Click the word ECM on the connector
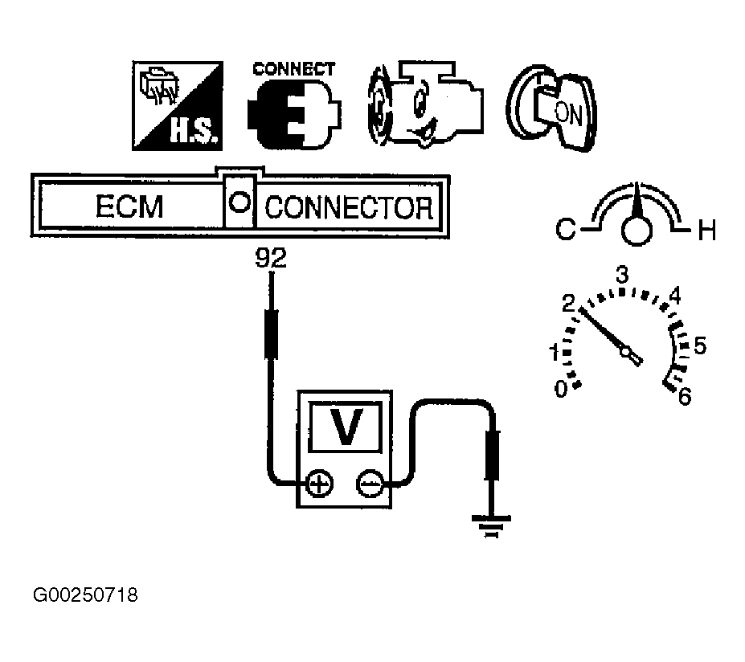click(x=129, y=207)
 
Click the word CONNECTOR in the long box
click(x=349, y=207)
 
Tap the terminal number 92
click(x=270, y=258)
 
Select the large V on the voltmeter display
click(x=346, y=427)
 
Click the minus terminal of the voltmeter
click(x=369, y=484)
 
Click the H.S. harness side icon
click(x=176, y=106)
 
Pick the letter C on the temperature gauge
click(x=565, y=231)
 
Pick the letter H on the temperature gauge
click(x=706, y=232)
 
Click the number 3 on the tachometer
click(x=621, y=275)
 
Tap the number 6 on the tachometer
click(x=684, y=397)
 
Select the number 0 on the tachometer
click(x=561, y=389)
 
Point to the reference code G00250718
click(x=86, y=595)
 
